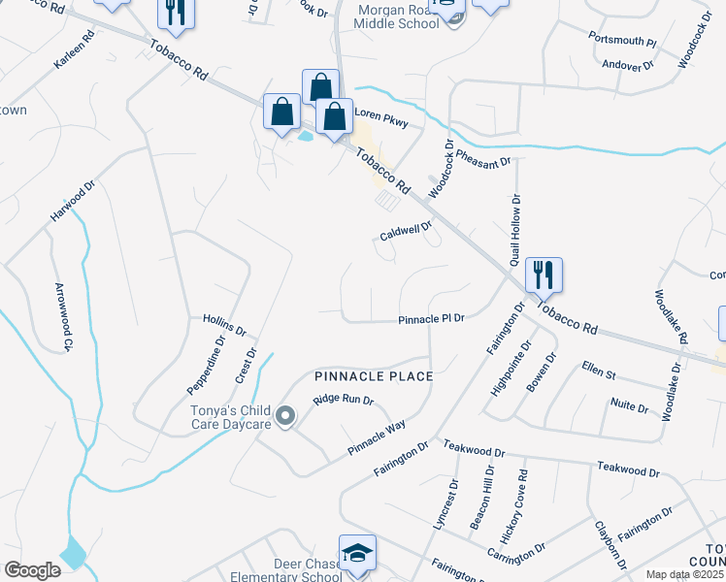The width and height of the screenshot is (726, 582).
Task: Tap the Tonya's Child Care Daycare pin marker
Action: tap(284, 417)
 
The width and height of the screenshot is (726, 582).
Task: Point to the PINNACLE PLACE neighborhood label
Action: tap(373, 374)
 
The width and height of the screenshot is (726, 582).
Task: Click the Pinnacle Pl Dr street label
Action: tap(432, 318)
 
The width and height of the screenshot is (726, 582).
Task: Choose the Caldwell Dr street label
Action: tap(405, 233)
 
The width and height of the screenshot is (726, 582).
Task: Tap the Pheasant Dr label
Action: tap(482, 159)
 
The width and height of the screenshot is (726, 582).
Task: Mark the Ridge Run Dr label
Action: tap(343, 400)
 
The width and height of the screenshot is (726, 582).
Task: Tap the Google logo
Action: tap(33, 569)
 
